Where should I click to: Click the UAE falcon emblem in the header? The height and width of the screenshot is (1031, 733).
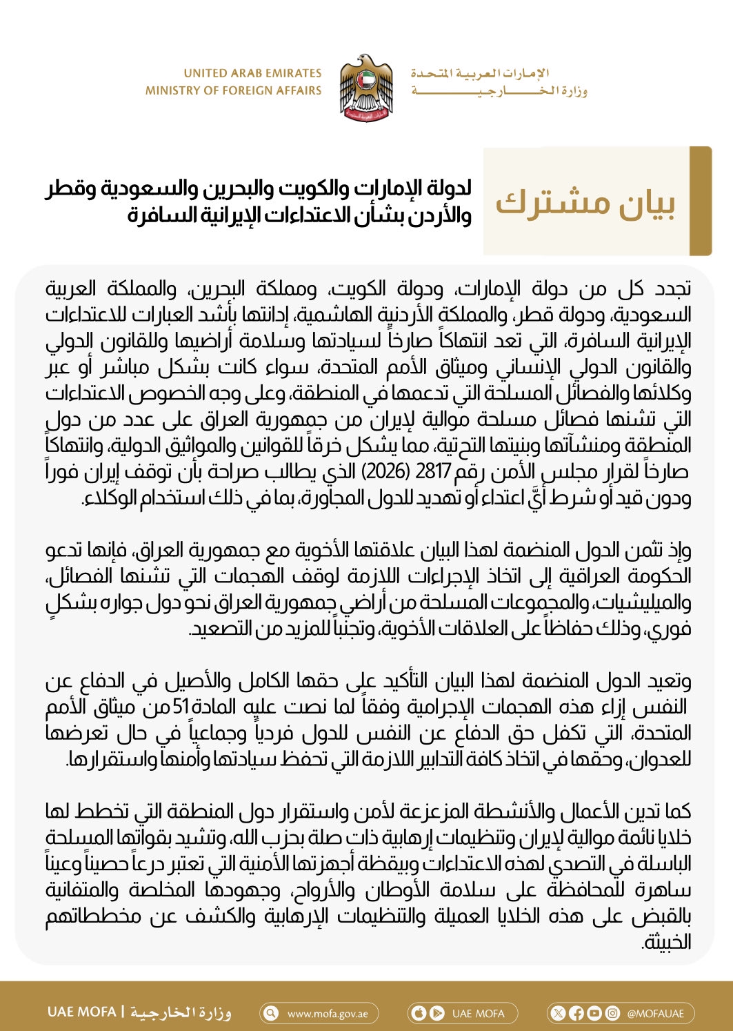366,88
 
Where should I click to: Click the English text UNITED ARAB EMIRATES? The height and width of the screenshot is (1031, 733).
252,73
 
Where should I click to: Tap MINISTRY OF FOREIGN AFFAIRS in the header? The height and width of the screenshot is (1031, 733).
233,90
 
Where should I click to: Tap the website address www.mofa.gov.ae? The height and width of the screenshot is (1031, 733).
328,1014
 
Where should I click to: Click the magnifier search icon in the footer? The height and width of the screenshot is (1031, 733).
272,1013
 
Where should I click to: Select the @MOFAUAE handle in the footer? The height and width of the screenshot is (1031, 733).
656,1014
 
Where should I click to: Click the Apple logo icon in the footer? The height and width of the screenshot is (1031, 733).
419,1013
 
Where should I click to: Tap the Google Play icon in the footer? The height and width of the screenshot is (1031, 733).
436,1013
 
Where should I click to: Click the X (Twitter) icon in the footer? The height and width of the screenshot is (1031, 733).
559,1013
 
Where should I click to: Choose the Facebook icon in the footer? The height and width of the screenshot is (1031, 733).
576,1013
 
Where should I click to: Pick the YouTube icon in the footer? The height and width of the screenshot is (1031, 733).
594,1013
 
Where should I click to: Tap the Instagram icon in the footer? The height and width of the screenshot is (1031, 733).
612,1013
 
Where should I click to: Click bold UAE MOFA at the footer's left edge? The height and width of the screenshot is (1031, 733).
82,1012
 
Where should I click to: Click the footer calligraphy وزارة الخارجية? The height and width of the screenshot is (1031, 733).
181,1012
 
